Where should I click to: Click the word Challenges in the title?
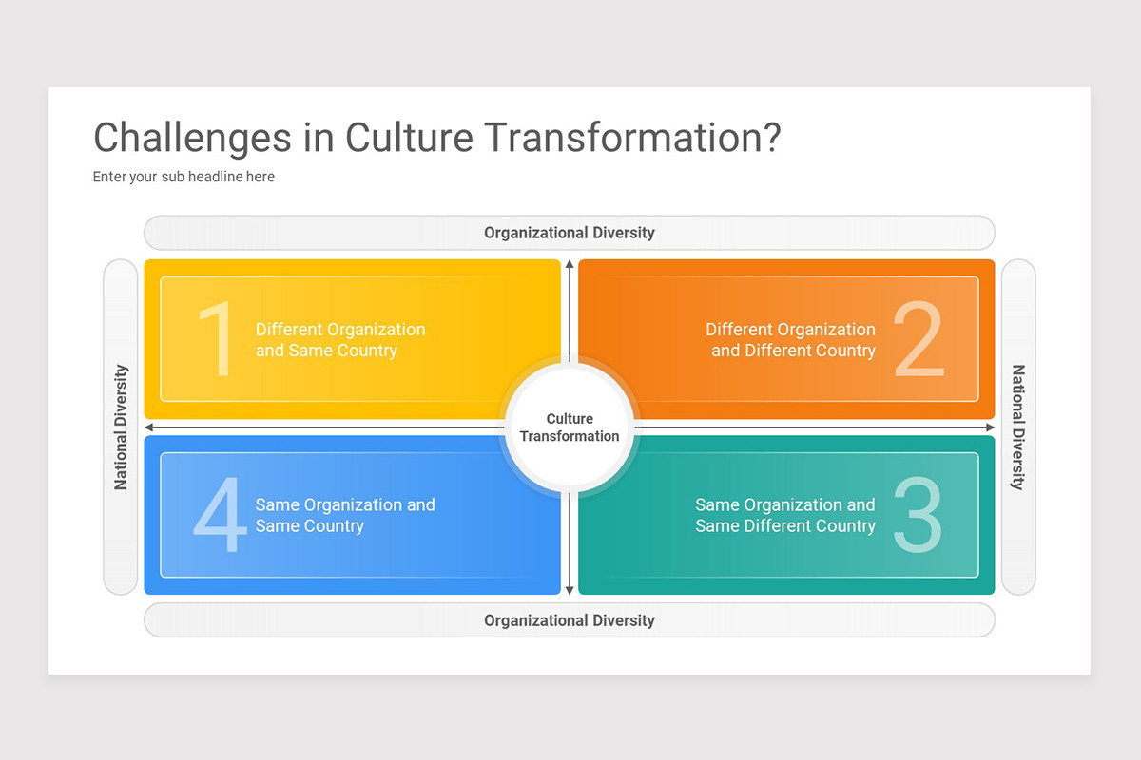[192, 139]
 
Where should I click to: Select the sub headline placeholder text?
[184, 177]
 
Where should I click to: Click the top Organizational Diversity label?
[569, 233]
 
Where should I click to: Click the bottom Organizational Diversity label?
[569, 620]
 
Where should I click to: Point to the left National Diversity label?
[121, 427]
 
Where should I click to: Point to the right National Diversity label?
[1018, 427]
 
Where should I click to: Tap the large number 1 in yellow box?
[216, 340]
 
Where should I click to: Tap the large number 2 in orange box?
[919, 340]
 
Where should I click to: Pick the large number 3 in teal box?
[919, 516]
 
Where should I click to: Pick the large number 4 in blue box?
[220, 516]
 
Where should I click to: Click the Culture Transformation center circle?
[570, 427]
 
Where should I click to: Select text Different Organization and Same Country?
[339, 340]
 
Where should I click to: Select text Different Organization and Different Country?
[790, 340]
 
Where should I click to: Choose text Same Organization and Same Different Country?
[784, 516]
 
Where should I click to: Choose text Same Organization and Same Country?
[344, 516]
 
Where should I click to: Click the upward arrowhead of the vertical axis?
[570, 265]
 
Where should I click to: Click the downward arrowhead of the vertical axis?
[570, 590]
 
